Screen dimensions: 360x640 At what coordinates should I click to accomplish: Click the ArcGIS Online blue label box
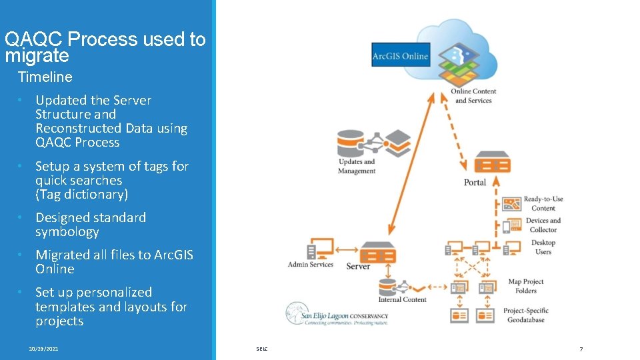[x=401, y=55]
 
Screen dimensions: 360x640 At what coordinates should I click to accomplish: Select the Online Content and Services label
[x=473, y=96]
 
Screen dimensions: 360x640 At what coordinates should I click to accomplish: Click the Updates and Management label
[x=357, y=166]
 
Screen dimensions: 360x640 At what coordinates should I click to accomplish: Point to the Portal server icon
[x=492, y=164]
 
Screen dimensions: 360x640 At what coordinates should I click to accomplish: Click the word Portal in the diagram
[x=475, y=183]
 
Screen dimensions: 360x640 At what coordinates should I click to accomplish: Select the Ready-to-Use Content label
[x=543, y=203]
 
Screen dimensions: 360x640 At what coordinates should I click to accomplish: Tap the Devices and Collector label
[x=543, y=225]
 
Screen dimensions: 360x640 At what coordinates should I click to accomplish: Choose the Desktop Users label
[x=543, y=247]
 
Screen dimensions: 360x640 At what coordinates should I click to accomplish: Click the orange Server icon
[x=377, y=253]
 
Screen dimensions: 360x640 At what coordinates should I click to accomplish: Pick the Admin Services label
[x=310, y=265]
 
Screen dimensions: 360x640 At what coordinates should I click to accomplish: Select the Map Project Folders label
[x=525, y=286]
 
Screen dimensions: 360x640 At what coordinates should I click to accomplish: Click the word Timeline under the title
[x=45, y=77]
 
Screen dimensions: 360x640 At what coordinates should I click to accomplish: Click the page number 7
[x=581, y=349]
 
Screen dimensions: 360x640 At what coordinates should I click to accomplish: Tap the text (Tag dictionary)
[x=81, y=195]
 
